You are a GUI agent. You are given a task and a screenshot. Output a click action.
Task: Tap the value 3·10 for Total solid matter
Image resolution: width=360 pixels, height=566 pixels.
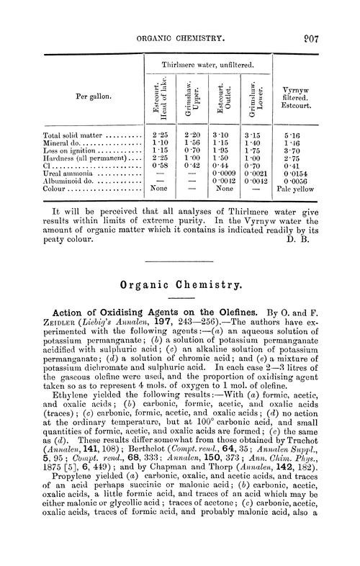click(x=226, y=135)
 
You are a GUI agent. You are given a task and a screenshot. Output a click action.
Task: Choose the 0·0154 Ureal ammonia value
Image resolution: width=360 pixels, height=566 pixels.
click(x=315, y=174)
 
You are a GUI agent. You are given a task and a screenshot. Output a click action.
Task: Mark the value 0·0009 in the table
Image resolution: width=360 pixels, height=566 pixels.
click(x=226, y=174)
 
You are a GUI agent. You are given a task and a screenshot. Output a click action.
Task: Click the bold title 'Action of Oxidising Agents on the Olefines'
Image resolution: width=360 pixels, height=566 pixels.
click(x=153, y=311)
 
